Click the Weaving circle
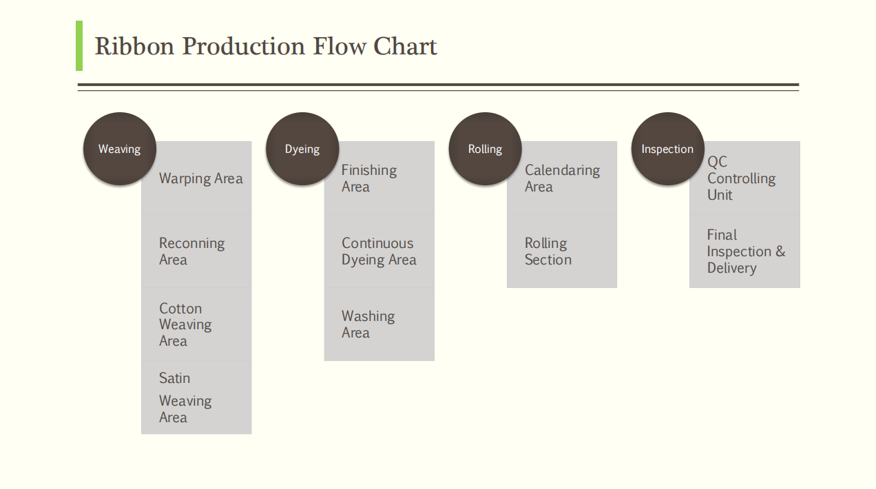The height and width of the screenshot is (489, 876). click(x=120, y=149)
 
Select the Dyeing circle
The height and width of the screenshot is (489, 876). click(x=302, y=149)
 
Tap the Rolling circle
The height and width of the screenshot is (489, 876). click(x=485, y=149)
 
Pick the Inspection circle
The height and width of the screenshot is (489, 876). click(x=667, y=149)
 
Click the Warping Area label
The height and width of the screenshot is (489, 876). click(x=200, y=178)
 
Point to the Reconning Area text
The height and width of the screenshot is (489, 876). click(x=191, y=251)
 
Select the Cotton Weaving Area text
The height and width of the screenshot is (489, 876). click(x=185, y=324)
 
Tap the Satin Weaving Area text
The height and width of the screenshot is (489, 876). click(x=185, y=397)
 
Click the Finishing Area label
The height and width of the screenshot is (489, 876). click(x=368, y=178)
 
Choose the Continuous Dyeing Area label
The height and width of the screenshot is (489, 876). click(x=379, y=251)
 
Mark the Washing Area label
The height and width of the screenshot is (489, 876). click(x=368, y=324)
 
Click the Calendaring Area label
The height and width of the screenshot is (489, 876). click(x=562, y=178)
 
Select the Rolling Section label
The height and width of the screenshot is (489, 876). click(x=548, y=251)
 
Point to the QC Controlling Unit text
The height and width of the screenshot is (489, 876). click(x=741, y=178)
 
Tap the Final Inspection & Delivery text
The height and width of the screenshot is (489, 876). click(x=746, y=251)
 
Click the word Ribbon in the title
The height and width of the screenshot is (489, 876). click(x=134, y=46)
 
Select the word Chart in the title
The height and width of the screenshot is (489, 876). click(x=405, y=46)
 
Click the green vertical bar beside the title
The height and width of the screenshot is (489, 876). click(x=79, y=45)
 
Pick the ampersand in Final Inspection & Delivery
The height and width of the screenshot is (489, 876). click(x=780, y=251)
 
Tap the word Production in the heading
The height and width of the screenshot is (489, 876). click(x=244, y=46)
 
